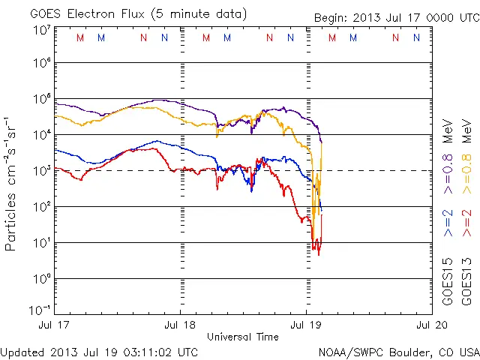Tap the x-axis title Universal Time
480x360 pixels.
(x=242, y=337)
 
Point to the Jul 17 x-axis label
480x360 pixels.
(x=55, y=326)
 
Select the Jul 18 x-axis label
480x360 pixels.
(x=181, y=326)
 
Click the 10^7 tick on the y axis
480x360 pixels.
(x=41, y=30)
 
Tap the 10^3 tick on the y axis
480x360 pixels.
(x=41, y=170)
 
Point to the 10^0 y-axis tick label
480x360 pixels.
(x=41, y=278)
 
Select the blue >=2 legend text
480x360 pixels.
(x=448, y=223)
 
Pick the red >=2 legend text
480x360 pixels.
(x=466, y=223)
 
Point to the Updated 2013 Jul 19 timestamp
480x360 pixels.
(x=100, y=352)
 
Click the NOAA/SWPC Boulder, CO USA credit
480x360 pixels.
(x=399, y=352)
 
